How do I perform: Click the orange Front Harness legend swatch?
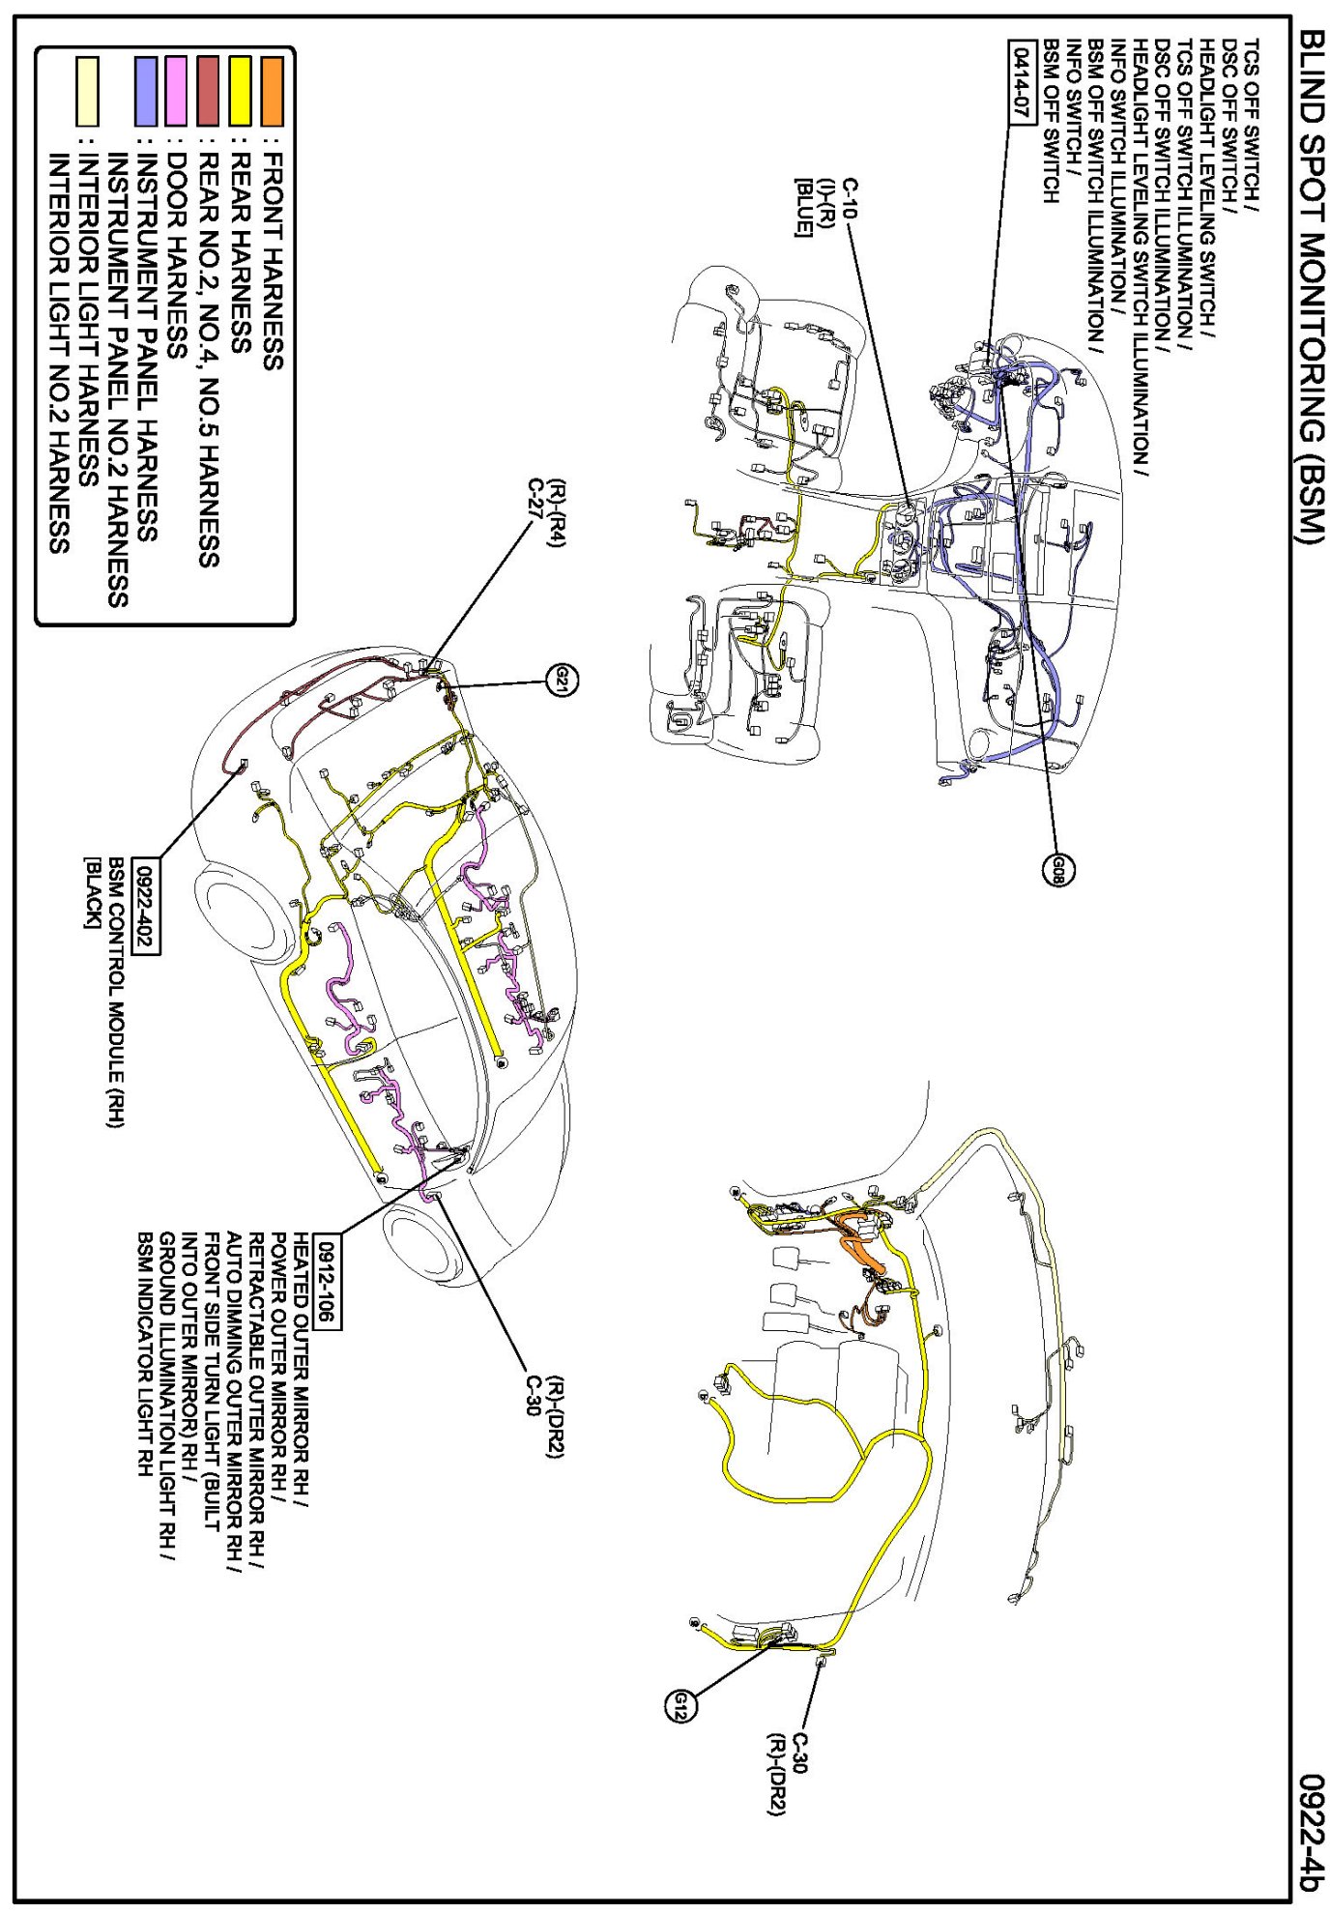point(273,92)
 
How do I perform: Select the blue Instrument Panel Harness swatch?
point(145,92)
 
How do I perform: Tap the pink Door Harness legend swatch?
point(176,92)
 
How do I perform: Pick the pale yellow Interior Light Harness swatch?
point(87,92)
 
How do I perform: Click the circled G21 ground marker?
point(562,681)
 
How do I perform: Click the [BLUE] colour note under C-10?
point(802,207)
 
